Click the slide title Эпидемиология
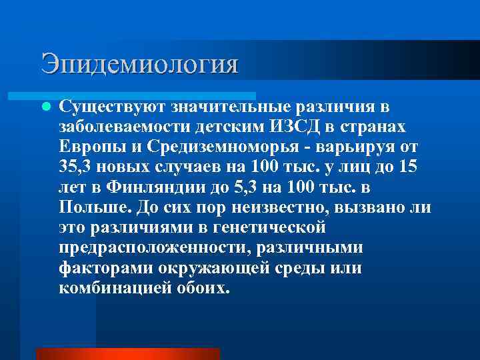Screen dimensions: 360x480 coord(139,64)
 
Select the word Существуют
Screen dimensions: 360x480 coord(112,107)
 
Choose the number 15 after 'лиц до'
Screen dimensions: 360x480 coord(408,167)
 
